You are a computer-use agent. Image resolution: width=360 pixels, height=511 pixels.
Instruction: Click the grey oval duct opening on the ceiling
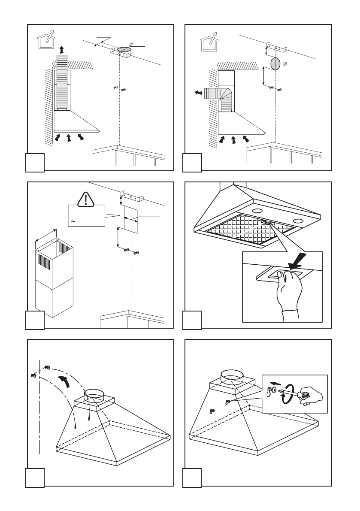tap(124, 50)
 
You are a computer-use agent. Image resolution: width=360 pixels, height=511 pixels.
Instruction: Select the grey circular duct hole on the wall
tap(275, 63)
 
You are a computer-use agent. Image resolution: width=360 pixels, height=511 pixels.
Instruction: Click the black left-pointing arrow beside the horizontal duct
tap(197, 93)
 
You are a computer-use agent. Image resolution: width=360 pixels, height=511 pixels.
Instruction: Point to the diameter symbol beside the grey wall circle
tap(284, 63)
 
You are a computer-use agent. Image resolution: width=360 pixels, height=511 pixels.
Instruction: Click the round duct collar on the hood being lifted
tap(94, 394)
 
